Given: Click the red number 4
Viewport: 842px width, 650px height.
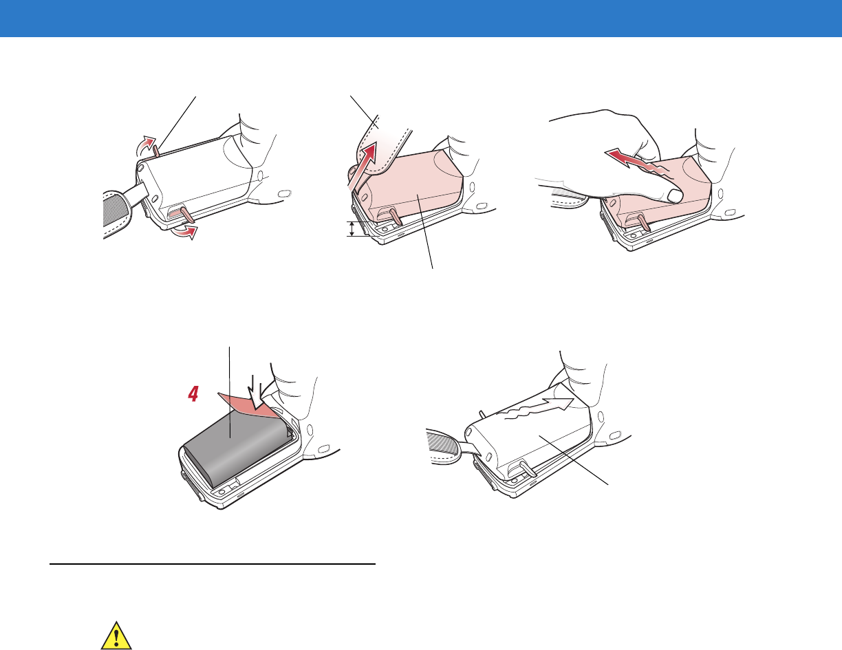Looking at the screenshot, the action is click(x=193, y=394).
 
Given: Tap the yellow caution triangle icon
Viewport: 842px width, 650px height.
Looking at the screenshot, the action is click(x=116, y=636).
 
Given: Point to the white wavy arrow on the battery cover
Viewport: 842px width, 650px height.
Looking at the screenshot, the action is click(x=539, y=409).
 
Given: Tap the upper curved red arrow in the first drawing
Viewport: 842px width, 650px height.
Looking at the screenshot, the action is click(x=147, y=145).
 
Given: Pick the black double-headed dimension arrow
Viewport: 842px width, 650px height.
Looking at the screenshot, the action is click(x=352, y=228).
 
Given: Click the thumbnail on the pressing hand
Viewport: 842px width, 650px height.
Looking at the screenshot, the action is click(x=675, y=196).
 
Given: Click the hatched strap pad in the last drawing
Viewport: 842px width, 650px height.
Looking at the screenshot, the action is click(x=442, y=444).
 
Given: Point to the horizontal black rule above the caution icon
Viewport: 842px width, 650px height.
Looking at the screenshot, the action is click(x=213, y=564).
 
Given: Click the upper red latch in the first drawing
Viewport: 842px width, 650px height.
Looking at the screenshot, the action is click(x=156, y=151).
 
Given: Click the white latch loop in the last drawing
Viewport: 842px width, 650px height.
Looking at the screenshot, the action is click(x=528, y=468).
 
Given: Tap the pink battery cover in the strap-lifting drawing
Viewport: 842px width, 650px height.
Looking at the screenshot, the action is click(x=411, y=186).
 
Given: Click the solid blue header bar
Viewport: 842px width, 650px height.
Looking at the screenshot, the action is click(x=421, y=19).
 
